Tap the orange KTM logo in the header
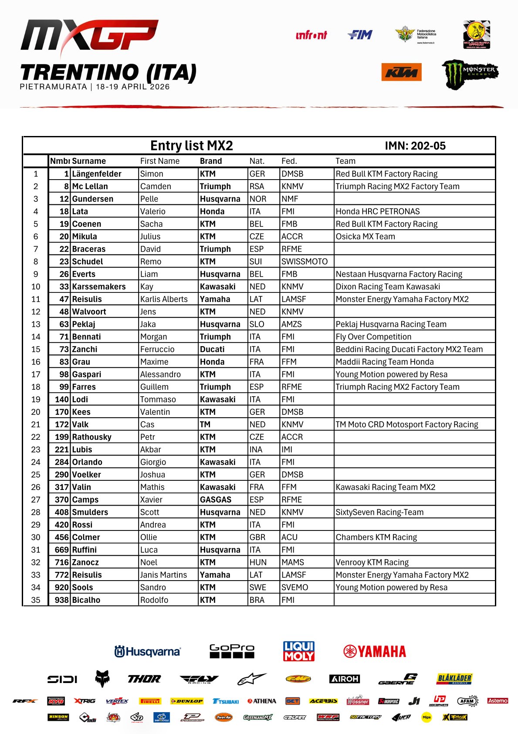[401, 72]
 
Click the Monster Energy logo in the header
[470, 74]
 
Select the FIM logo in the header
[360, 35]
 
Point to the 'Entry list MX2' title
[191, 146]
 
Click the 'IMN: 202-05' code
[415, 146]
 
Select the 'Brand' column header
[211, 161]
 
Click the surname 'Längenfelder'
[97, 174]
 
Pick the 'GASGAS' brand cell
[216, 500]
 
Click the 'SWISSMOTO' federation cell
[305, 262]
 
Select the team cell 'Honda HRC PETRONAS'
[378, 211]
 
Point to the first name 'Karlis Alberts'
[164, 299]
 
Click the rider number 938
[61, 600]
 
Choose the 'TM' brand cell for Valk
[205, 425]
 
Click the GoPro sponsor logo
[232, 651]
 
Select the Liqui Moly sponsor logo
[299, 651]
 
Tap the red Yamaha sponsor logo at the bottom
[375, 652]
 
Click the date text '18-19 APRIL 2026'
[132, 87]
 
